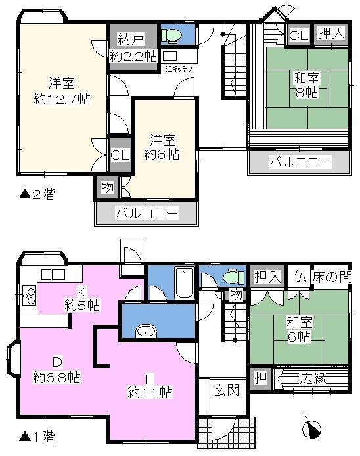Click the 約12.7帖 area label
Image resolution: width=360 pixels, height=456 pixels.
(x=62, y=100)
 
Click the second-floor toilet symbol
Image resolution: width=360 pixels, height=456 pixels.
(x=172, y=35)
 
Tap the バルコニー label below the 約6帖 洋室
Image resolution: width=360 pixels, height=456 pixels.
(x=146, y=213)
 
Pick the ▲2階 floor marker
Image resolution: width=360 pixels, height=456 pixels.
(x=36, y=194)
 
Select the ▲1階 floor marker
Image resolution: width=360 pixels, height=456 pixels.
(x=36, y=435)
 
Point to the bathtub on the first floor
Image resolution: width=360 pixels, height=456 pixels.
(x=185, y=283)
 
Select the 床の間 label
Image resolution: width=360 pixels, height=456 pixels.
(x=332, y=277)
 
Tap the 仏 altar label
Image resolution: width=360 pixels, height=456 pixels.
(x=300, y=277)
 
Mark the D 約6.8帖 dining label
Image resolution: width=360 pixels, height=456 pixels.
(x=56, y=371)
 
